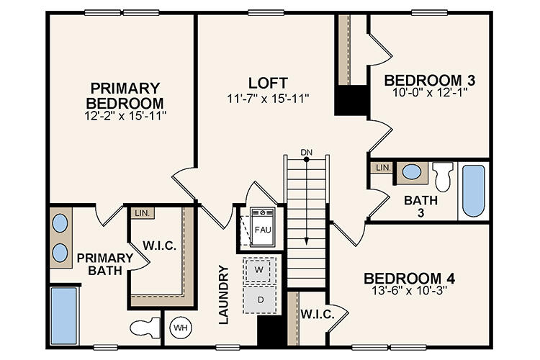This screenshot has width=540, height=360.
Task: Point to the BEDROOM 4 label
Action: click(409, 278)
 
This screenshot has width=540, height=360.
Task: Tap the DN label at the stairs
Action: click(307, 153)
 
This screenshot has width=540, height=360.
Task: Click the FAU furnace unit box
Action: click(262, 229)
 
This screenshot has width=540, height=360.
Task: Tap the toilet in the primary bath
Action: click(145, 328)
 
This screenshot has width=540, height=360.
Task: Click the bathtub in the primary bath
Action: click(63, 315)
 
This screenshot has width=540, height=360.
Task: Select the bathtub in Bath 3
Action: click(473, 190)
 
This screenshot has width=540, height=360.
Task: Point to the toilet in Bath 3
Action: click(443, 175)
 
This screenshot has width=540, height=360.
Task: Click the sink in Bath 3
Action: click(412, 173)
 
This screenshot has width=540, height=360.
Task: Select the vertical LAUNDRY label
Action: click(223, 294)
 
